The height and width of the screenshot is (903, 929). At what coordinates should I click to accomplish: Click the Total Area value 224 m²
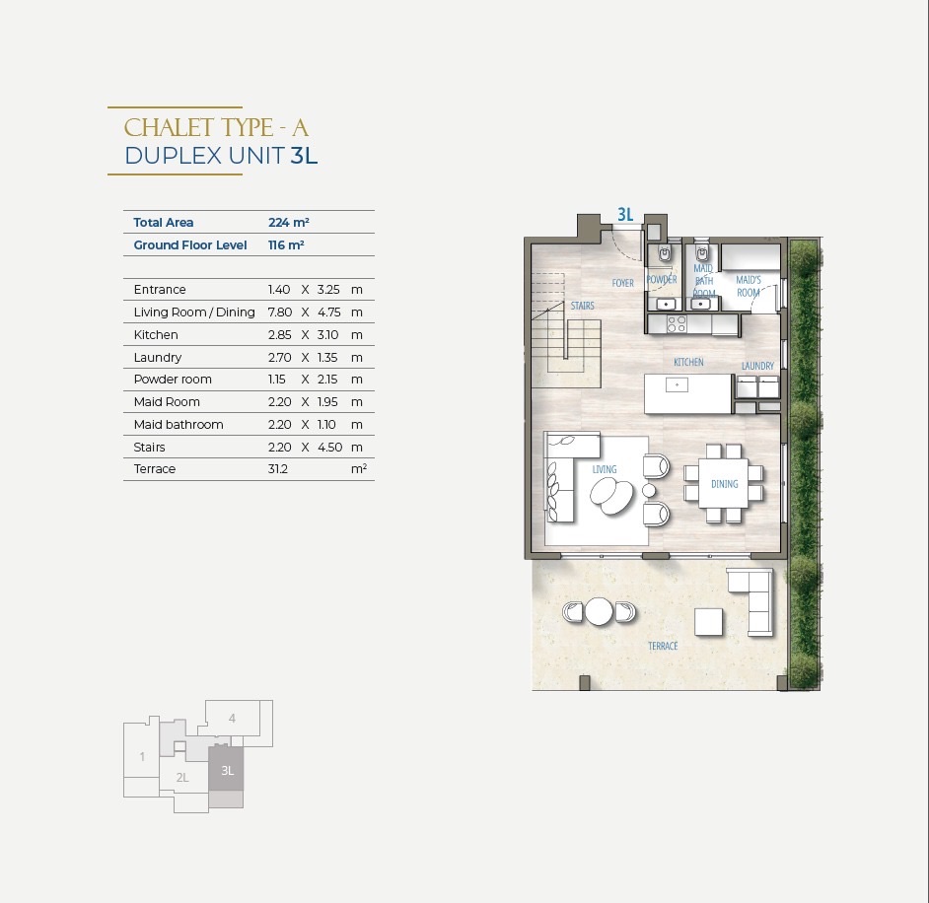(289, 223)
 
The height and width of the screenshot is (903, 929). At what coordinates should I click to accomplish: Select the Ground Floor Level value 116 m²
(286, 245)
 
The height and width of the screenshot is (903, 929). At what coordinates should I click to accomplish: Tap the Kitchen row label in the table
(156, 334)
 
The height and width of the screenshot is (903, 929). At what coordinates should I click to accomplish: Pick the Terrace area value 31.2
(278, 469)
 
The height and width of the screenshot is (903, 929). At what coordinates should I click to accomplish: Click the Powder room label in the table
(173, 379)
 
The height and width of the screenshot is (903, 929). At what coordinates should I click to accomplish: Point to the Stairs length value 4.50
(330, 447)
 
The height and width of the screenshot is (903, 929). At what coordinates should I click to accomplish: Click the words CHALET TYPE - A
(216, 128)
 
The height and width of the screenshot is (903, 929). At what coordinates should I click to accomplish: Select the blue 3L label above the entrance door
(625, 214)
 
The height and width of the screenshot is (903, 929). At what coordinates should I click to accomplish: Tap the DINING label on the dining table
(725, 484)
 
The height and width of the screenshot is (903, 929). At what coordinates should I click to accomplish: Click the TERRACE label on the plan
(663, 646)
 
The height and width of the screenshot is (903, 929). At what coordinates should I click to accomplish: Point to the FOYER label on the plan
(622, 283)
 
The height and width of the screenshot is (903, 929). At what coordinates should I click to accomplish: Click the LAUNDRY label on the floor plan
(757, 366)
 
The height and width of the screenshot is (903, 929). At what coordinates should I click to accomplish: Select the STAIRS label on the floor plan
(583, 306)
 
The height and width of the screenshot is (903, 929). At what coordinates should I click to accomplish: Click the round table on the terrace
(599, 611)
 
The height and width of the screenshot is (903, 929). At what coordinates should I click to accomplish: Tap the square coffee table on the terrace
(709, 622)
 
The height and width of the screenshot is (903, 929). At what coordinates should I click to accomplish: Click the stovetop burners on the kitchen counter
(677, 323)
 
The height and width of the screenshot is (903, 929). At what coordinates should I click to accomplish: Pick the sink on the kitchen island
(677, 385)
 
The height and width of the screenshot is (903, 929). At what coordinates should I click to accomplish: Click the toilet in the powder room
(666, 253)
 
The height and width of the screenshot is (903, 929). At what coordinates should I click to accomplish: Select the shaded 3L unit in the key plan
(226, 769)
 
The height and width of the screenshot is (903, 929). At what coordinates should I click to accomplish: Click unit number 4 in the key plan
(233, 719)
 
